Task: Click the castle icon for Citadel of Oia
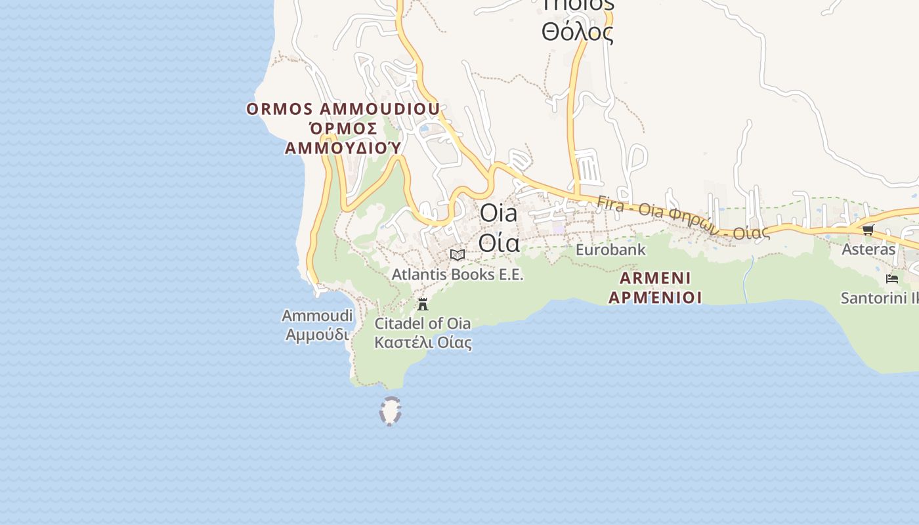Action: (423, 304)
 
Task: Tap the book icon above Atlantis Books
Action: (458, 255)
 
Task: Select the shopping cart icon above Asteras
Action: (868, 230)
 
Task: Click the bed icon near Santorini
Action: (891, 278)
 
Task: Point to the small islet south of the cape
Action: (390, 411)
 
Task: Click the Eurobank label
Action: (610, 250)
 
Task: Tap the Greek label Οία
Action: (499, 242)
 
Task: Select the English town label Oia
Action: (498, 213)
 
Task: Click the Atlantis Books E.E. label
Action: (458, 274)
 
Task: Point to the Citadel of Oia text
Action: (423, 324)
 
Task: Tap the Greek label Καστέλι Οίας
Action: (423, 342)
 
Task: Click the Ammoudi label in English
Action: (317, 316)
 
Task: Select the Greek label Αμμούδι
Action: (317, 334)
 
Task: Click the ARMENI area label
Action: (655, 278)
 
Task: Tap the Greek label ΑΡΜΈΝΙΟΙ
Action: (655, 297)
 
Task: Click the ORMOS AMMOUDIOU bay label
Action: (343, 109)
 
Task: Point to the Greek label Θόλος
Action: (577, 32)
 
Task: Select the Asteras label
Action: (868, 249)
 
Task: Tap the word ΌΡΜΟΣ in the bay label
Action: (343, 128)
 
